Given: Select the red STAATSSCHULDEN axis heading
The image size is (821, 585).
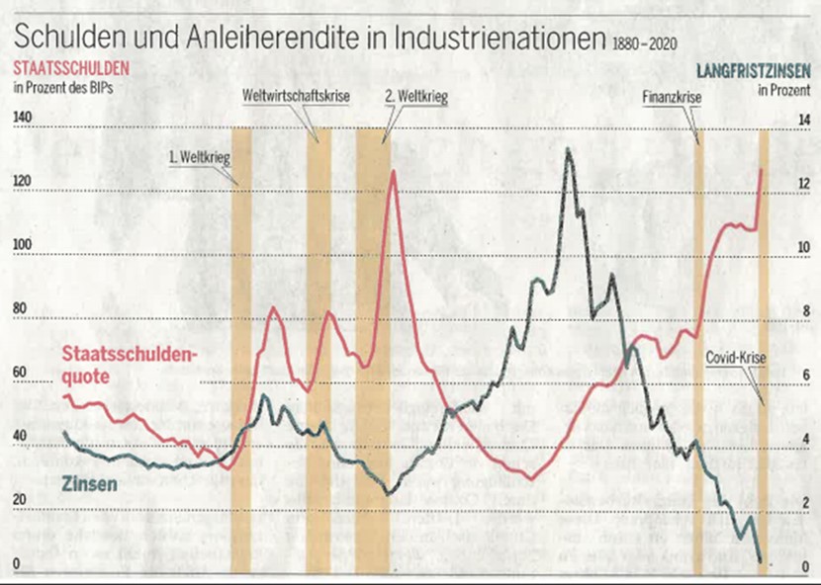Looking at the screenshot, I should (x=70, y=69).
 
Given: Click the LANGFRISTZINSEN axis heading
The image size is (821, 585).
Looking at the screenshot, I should (x=754, y=70).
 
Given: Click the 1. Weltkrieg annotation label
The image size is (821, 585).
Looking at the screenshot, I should (x=198, y=156).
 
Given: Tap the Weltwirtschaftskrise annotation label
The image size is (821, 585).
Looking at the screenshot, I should (x=296, y=96).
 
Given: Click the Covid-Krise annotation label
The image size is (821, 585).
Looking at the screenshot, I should (x=732, y=359).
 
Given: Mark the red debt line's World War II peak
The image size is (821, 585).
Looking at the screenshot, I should (x=393, y=172).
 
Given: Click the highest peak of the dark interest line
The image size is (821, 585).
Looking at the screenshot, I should (x=568, y=149).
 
